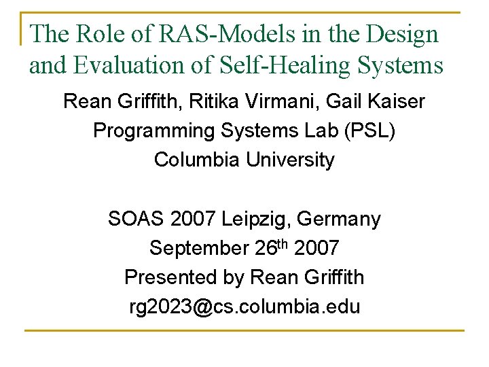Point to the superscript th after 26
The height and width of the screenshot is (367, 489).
click(x=285, y=243)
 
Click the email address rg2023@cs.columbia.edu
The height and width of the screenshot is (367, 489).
click(x=244, y=307)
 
